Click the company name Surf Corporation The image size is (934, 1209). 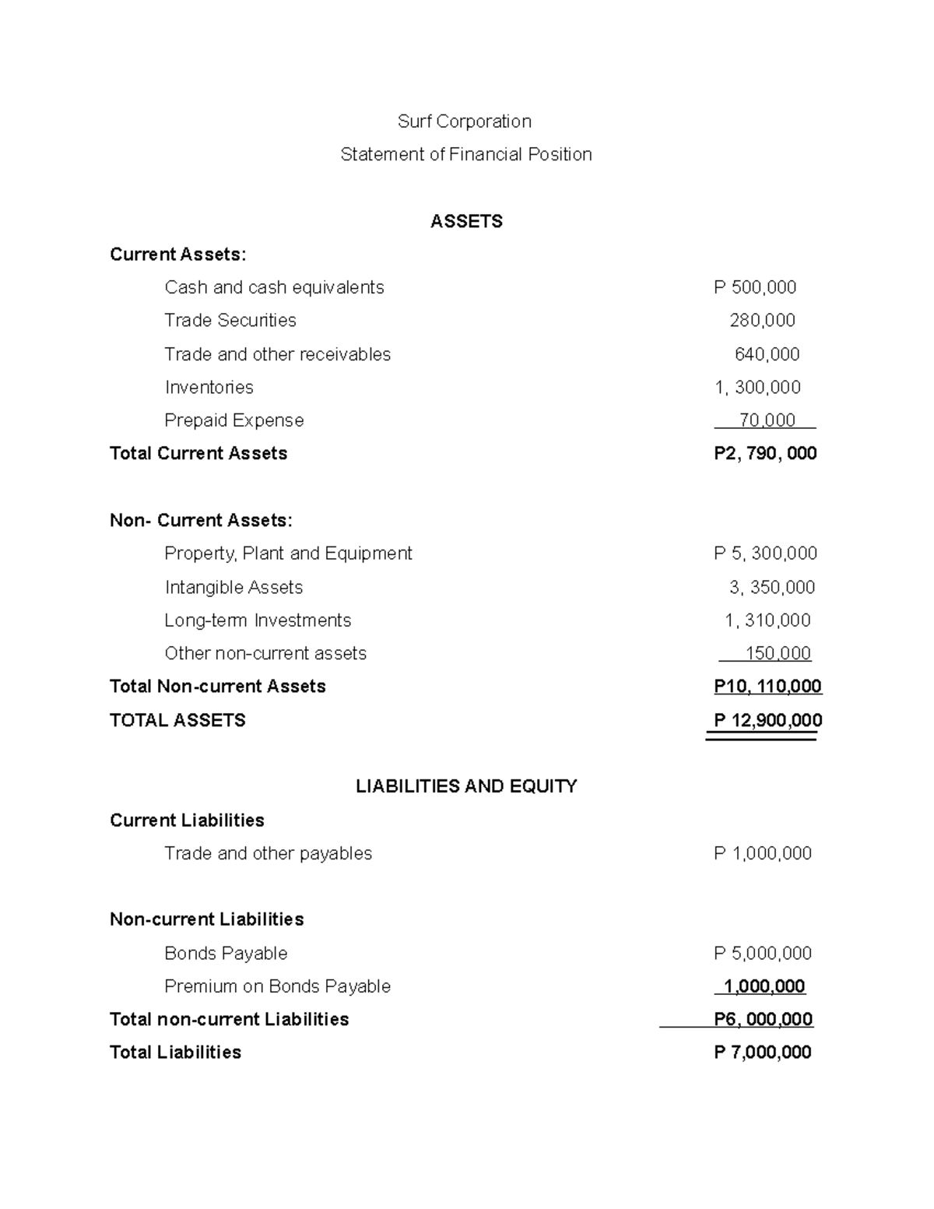pyautogui.click(x=465, y=121)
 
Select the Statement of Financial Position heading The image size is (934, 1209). pyautogui.click(x=465, y=154)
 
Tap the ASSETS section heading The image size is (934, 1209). pyautogui.click(x=466, y=222)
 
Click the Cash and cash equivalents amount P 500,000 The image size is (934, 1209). pyautogui.click(x=754, y=287)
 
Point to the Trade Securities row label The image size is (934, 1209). pyautogui.click(x=230, y=321)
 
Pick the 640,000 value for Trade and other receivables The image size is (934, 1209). pyautogui.click(x=767, y=355)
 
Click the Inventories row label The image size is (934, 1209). pyautogui.click(x=209, y=388)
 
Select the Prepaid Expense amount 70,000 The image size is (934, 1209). pyautogui.click(x=767, y=420)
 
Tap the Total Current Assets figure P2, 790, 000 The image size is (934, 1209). pyautogui.click(x=764, y=454)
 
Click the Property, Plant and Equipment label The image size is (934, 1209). pyautogui.click(x=288, y=554)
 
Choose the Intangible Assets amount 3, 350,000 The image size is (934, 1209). pyautogui.click(x=771, y=588)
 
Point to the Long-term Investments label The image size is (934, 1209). pyautogui.click(x=258, y=620)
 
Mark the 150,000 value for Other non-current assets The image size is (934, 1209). pyautogui.click(x=778, y=654)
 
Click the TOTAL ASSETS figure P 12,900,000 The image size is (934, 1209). pyautogui.click(x=767, y=721)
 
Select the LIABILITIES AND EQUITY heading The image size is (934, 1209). pyautogui.click(x=466, y=786)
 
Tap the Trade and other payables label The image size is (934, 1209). pyautogui.click(x=268, y=854)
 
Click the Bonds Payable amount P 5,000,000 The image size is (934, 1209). pyautogui.click(x=762, y=954)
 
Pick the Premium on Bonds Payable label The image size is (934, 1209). pyautogui.click(x=277, y=986)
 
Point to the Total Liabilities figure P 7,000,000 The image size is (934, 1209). pyautogui.click(x=762, y=1053)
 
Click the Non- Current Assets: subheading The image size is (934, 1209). pyautogui.click(x=201, y=521)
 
